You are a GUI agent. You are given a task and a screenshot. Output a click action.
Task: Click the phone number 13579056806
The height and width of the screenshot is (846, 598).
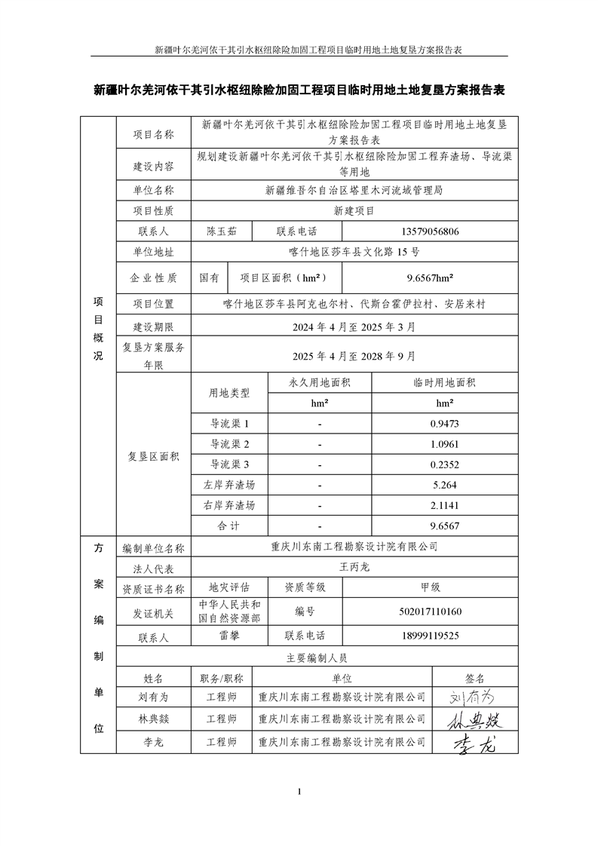[422, 232]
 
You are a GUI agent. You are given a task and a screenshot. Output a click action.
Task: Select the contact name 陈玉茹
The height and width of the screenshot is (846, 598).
[221, 232]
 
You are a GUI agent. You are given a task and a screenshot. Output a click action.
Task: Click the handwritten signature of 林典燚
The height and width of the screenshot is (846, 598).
[475, 720]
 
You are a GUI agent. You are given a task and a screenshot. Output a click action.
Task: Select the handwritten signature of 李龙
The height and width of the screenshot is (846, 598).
[475, 744]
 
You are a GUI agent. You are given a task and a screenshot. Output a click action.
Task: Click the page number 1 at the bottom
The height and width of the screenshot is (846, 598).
[299, 792]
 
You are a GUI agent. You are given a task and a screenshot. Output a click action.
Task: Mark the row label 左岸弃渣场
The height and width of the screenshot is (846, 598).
[229, 485]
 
